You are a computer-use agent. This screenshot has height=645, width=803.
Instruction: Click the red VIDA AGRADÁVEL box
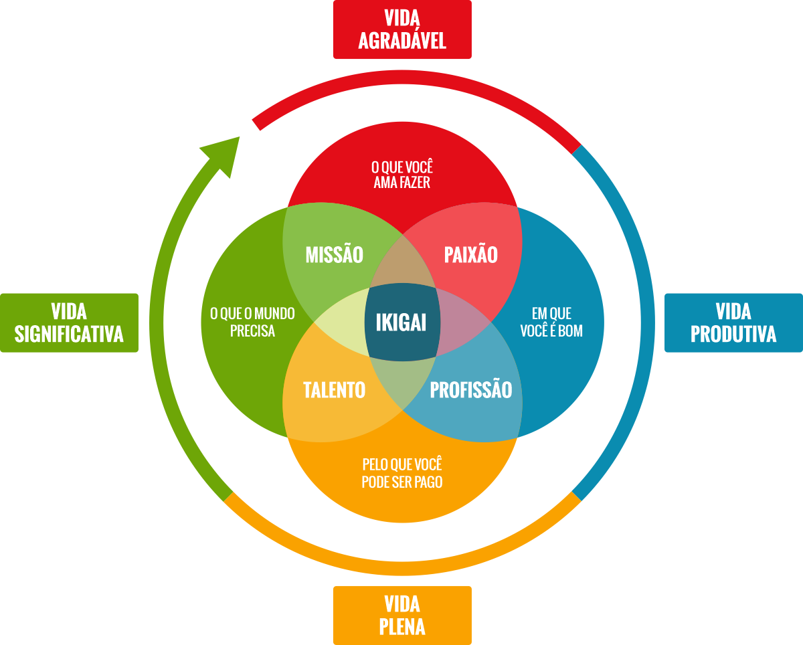(402, 29)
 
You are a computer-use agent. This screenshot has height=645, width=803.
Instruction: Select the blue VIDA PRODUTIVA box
(733, 322)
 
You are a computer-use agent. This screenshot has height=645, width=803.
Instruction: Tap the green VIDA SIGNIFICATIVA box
(69, 322)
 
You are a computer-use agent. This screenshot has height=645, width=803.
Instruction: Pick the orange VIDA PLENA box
(402, 615)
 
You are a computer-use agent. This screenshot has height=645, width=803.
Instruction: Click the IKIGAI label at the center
(401, 322)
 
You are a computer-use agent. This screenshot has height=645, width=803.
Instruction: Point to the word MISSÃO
(334, 255)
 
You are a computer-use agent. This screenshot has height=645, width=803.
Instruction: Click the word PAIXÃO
(471, 255)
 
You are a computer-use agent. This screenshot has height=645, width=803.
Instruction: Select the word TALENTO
(334, 390)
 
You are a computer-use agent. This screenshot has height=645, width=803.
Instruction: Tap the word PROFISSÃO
(471, 390)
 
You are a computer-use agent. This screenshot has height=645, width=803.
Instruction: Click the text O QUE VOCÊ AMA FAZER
(402, 175)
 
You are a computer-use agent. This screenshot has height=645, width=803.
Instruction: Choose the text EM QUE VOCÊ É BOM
(551, 322)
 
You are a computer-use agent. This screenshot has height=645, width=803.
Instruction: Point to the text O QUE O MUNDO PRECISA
(252, 322)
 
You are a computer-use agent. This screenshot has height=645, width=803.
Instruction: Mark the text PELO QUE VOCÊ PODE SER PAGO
(402, 473)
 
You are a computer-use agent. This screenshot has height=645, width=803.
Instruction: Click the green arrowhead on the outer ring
(225, 153)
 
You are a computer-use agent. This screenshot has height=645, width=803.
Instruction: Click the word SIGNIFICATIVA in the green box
(69, 334)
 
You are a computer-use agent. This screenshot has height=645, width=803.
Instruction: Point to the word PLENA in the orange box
(402, 627)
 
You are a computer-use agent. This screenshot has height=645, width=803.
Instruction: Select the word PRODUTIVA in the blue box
(733, 334)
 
